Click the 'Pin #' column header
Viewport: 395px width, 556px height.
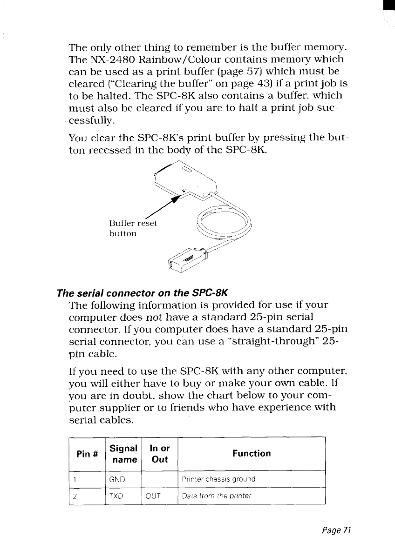coord(87,454)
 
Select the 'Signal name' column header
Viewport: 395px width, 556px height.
coord(123,454)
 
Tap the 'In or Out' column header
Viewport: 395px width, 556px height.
coord(160,454)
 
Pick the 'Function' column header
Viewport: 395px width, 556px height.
coord(251,453)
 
